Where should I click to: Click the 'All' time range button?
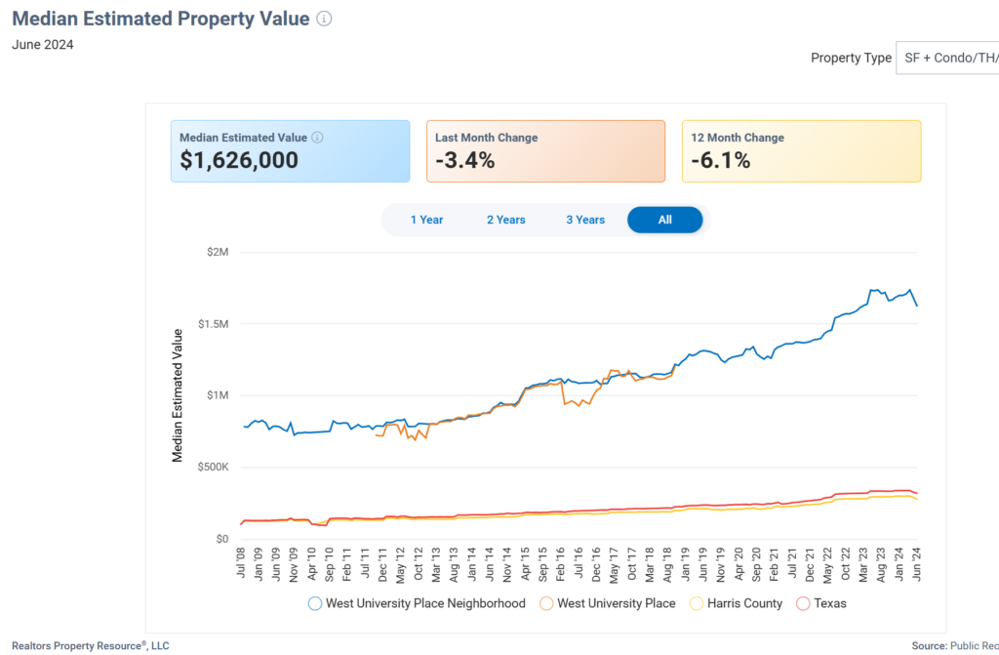[x=664, y=220]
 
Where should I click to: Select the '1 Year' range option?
[x=426, y=220]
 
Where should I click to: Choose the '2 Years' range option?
[x=506, y=220]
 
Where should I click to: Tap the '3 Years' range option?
[x=585, y=220]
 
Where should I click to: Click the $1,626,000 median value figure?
[x=239, y=161]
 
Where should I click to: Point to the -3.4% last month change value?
[x=465, y=161]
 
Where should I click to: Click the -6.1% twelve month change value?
[x=720, y=161]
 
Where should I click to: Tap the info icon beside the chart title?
[x=324, y=20]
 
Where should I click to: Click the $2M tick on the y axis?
[x=218, y=253]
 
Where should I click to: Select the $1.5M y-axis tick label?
[x=212, y=324]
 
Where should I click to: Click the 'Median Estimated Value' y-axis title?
[x=178, y=395]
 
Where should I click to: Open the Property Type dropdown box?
[x=947, y=58]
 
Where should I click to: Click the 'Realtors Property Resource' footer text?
[x=90, y=645]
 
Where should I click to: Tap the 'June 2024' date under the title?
[x=43, y=44]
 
